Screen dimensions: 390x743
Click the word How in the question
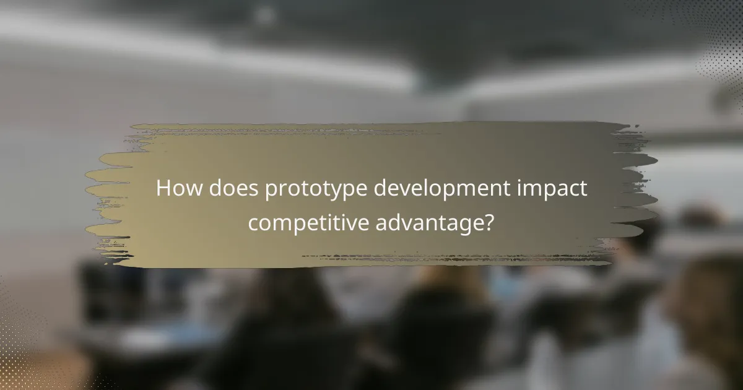coord(178,189)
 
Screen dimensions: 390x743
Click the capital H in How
coord(163,189)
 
